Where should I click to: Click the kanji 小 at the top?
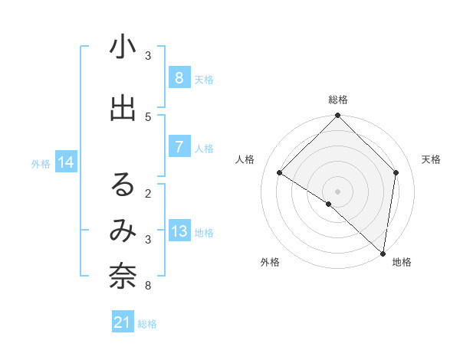[x=123, y=47]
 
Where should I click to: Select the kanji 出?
[x=123, y=108]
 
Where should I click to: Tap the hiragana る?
[x=123, y=185]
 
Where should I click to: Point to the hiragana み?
[x=123, y=230]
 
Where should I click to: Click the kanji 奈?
[x=123, y=277]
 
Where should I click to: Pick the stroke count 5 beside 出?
[x=148, y=116]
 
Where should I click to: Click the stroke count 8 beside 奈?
[x=148, y=286]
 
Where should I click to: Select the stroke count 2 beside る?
[x=148, y=193]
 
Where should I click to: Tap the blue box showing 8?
[x=179, y=77]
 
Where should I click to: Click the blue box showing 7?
[x=179, y=146]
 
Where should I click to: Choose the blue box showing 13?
[x=179, y=231]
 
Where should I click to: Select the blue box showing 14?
[x=65, y=162]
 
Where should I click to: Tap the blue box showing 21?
[x=123, y=322]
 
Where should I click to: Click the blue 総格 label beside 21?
[x=147, y=324]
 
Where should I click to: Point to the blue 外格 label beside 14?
[x=41, y=163]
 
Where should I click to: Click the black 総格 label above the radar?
[x=337, y=100]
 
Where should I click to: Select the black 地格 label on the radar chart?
[x=402, y=263]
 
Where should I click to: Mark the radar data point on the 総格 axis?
[x=337, y=116]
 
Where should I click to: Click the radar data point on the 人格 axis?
[x=280, y=173]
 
